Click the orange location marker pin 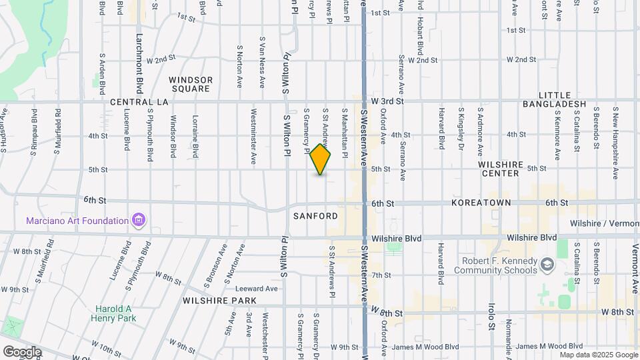[x=321, y=159]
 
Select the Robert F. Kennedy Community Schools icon [x=547, y=265]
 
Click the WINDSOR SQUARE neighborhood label [x=191, y=84]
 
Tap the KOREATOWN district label [x=481, y=202]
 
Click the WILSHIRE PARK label [x=215, y=301]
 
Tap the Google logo [x=22, y=351]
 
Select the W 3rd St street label [x=388, y=101]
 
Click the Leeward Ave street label [x=256, y=289]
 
